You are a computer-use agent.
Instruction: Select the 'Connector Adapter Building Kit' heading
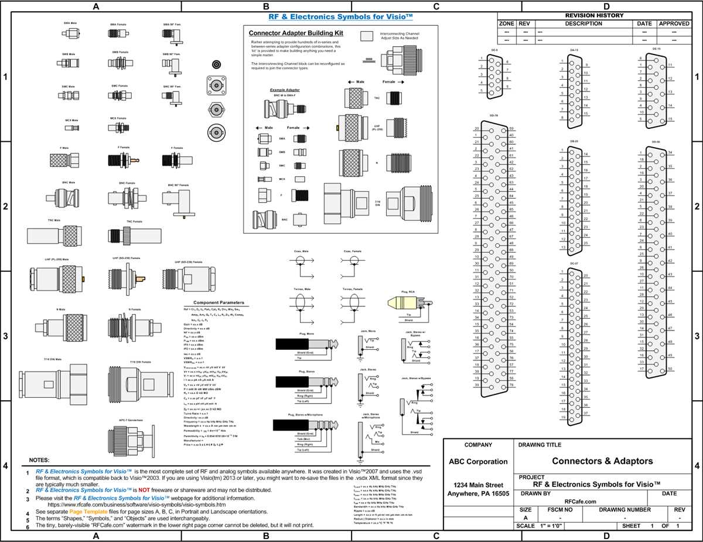click(x=296, y=33)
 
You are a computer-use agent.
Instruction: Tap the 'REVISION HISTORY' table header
click(x=594, y=15)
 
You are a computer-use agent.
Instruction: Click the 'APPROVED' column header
click(x=674, y=23)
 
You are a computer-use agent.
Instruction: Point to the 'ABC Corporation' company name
click(x=477, y=461)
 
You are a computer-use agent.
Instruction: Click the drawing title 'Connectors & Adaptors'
click(x=602, y=461)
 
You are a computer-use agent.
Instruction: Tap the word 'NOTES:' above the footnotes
click(x=39, y=460)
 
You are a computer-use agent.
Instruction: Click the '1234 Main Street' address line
click(x=477, y=485)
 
